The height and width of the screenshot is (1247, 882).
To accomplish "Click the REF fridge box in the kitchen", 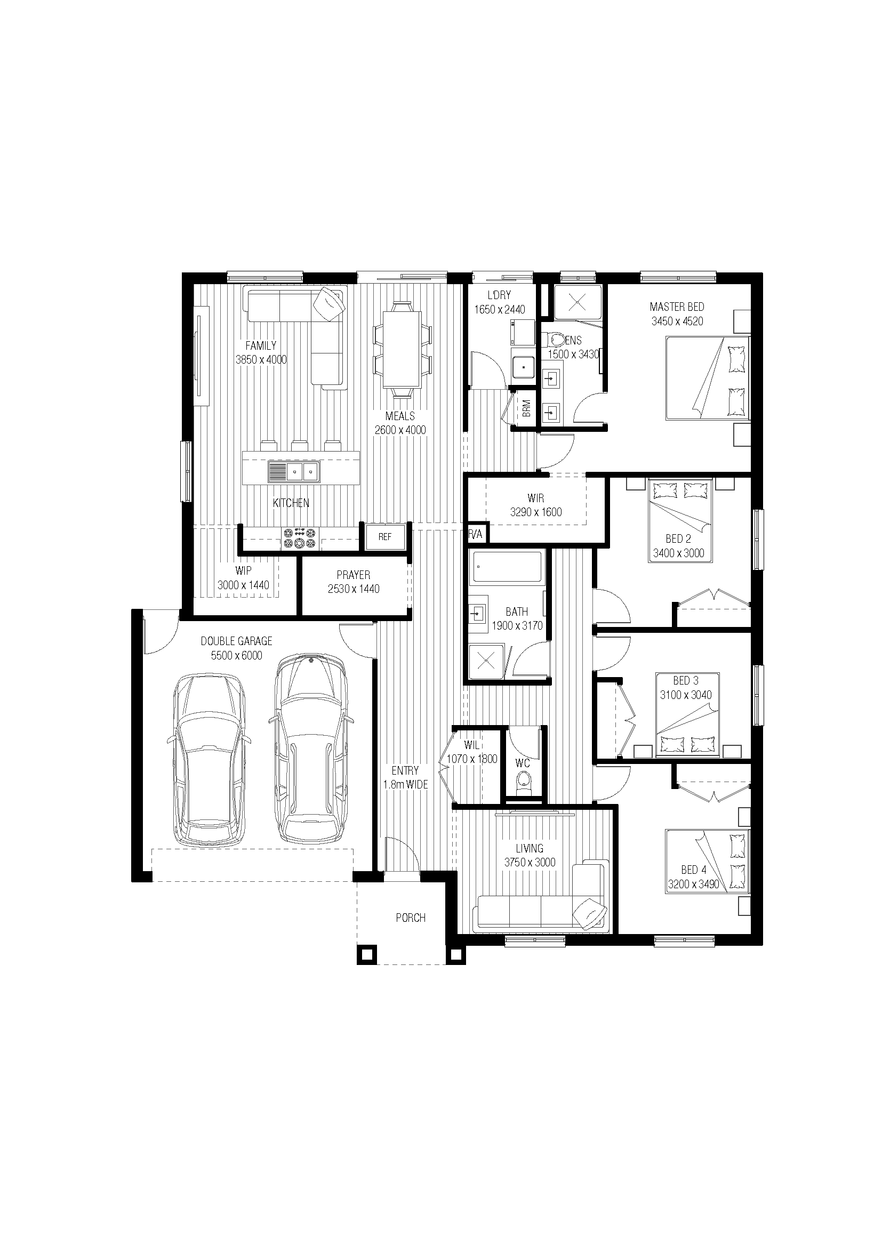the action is click(385, 537).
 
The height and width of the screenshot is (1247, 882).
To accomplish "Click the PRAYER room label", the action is click(354, 575).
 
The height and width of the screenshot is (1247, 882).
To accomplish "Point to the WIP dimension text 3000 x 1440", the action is click(243, 585).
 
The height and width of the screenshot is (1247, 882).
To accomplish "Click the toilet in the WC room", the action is click(523, 782).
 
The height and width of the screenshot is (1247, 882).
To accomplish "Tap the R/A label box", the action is click(476, 534).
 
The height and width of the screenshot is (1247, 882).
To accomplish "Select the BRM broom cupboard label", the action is click(526, 408).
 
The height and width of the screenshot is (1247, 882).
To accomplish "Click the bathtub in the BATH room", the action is click(507, 568).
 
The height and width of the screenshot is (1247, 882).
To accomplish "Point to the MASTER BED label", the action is click(677, 307).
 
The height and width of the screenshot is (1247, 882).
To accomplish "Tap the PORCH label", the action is click(411, 918).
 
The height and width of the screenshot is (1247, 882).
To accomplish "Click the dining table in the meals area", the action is click(402, 349).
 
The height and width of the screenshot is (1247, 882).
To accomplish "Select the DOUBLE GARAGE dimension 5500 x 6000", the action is click(236, 656).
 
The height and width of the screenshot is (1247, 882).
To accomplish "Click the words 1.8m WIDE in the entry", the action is click(405, 785).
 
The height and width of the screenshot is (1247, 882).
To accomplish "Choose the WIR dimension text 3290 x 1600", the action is click(536, 512).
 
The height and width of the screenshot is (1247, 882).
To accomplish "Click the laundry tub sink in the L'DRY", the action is click(524, 367).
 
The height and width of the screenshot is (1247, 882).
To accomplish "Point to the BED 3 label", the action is click(686, 680).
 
